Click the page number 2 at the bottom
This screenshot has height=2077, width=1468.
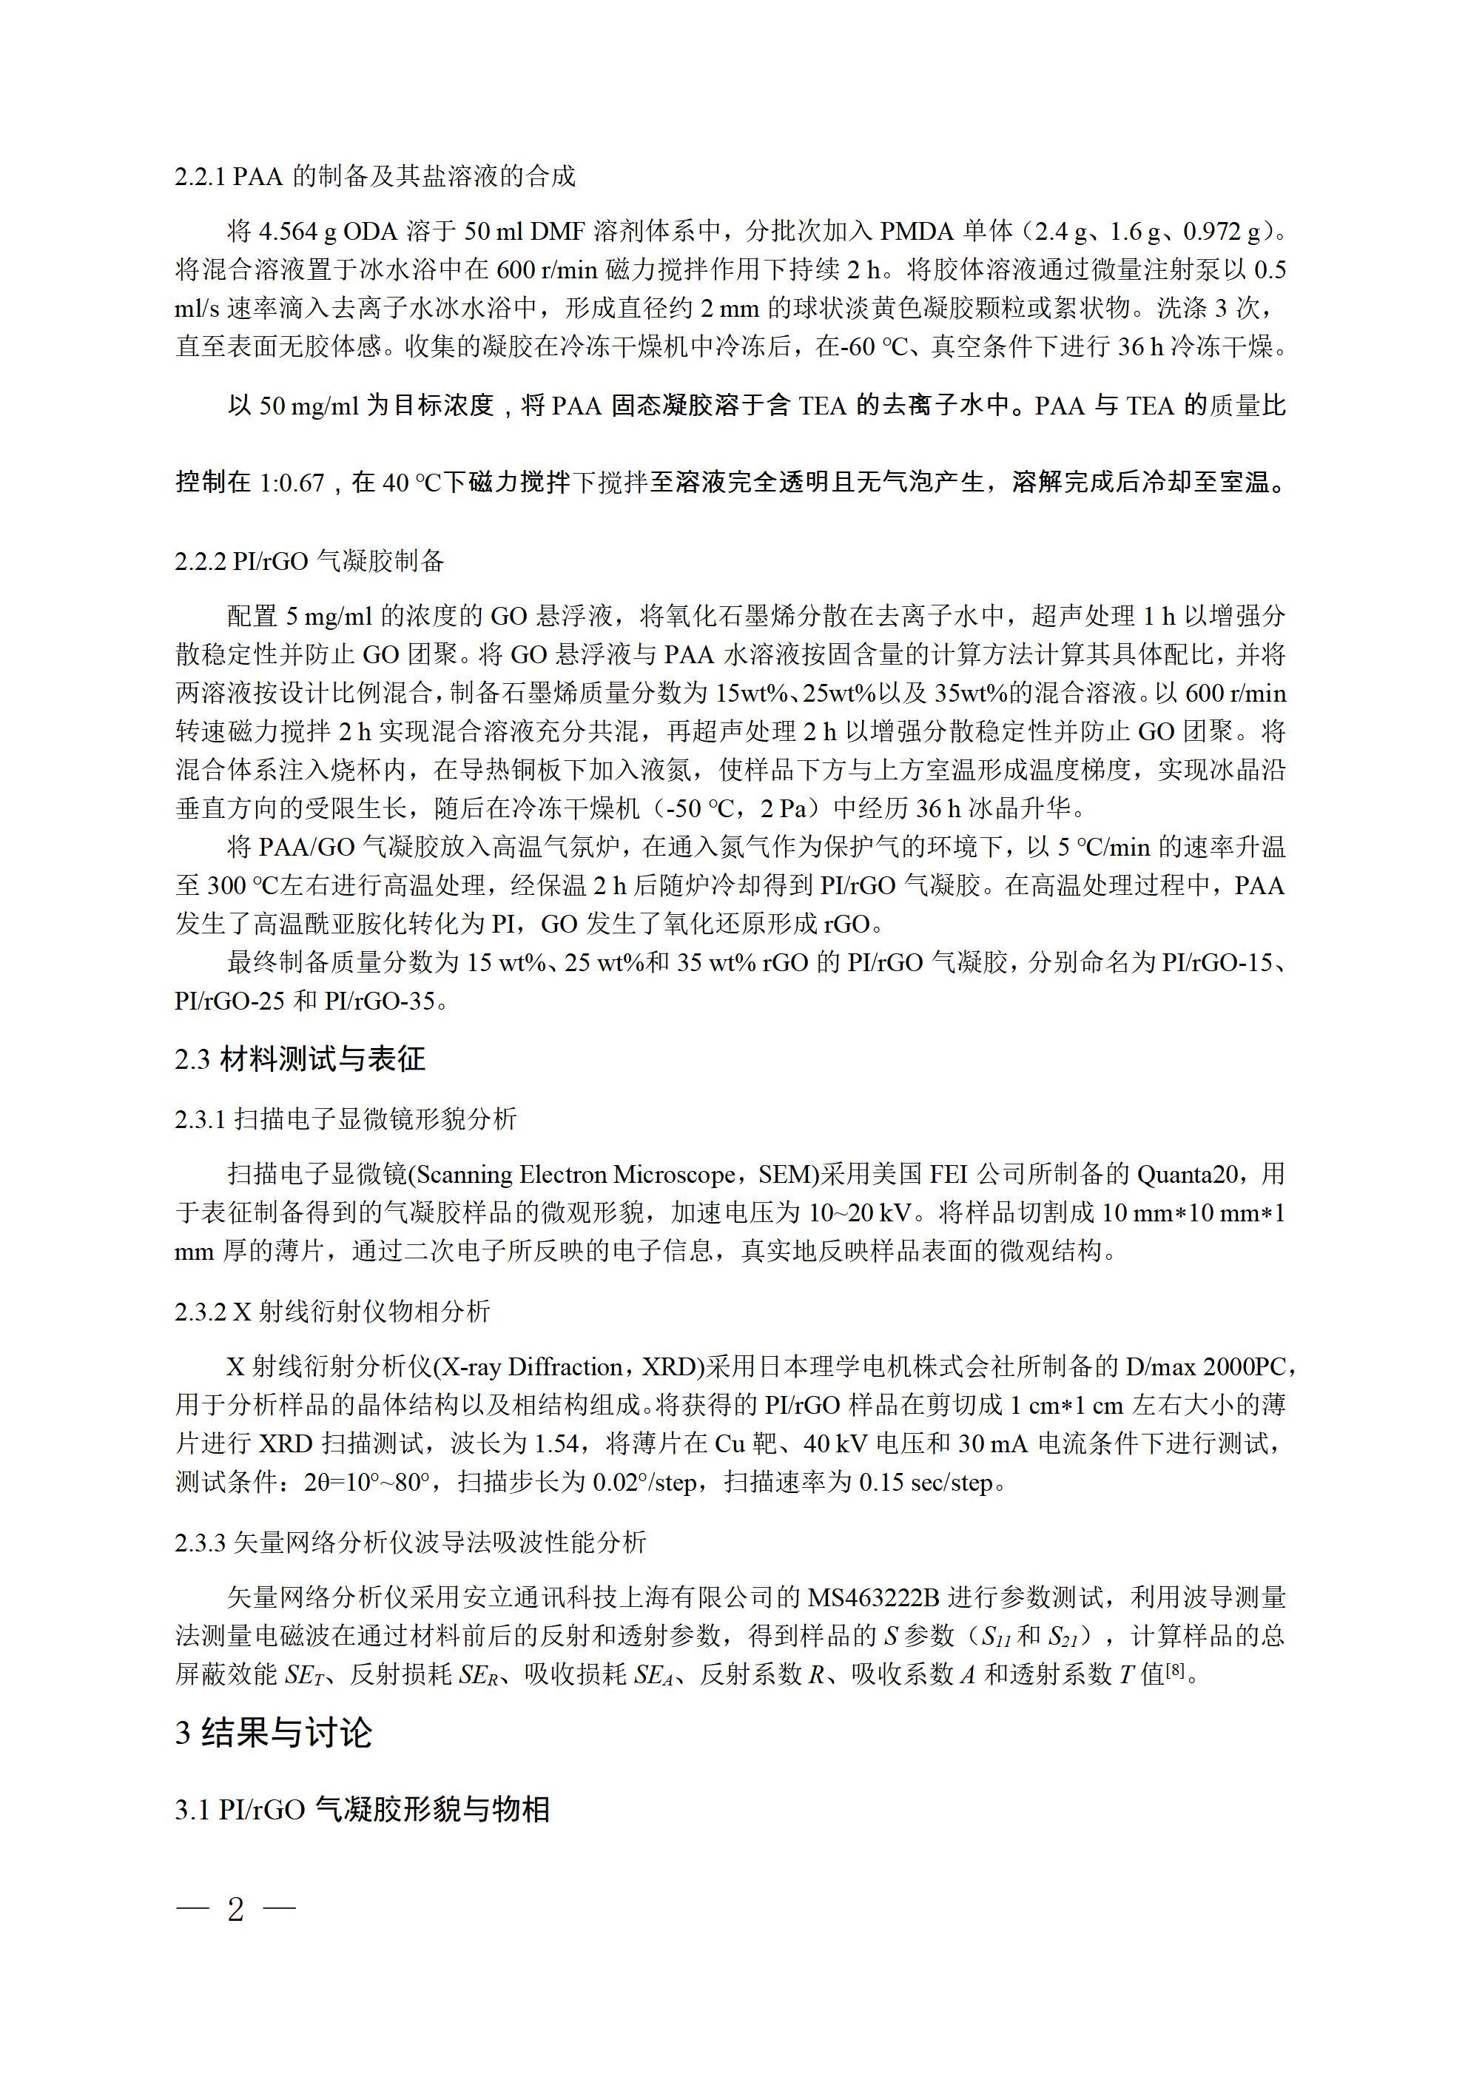coord(236,1910)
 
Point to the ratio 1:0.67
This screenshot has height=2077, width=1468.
coord(292,482)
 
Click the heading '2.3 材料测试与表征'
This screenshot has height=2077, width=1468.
coord(300,1058)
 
